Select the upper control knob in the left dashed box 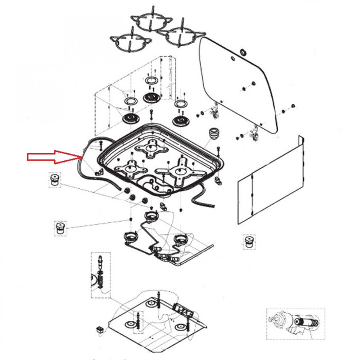pos(54,181)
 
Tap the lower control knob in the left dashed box pos(60,226)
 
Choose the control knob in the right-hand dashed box pos(249,241)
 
